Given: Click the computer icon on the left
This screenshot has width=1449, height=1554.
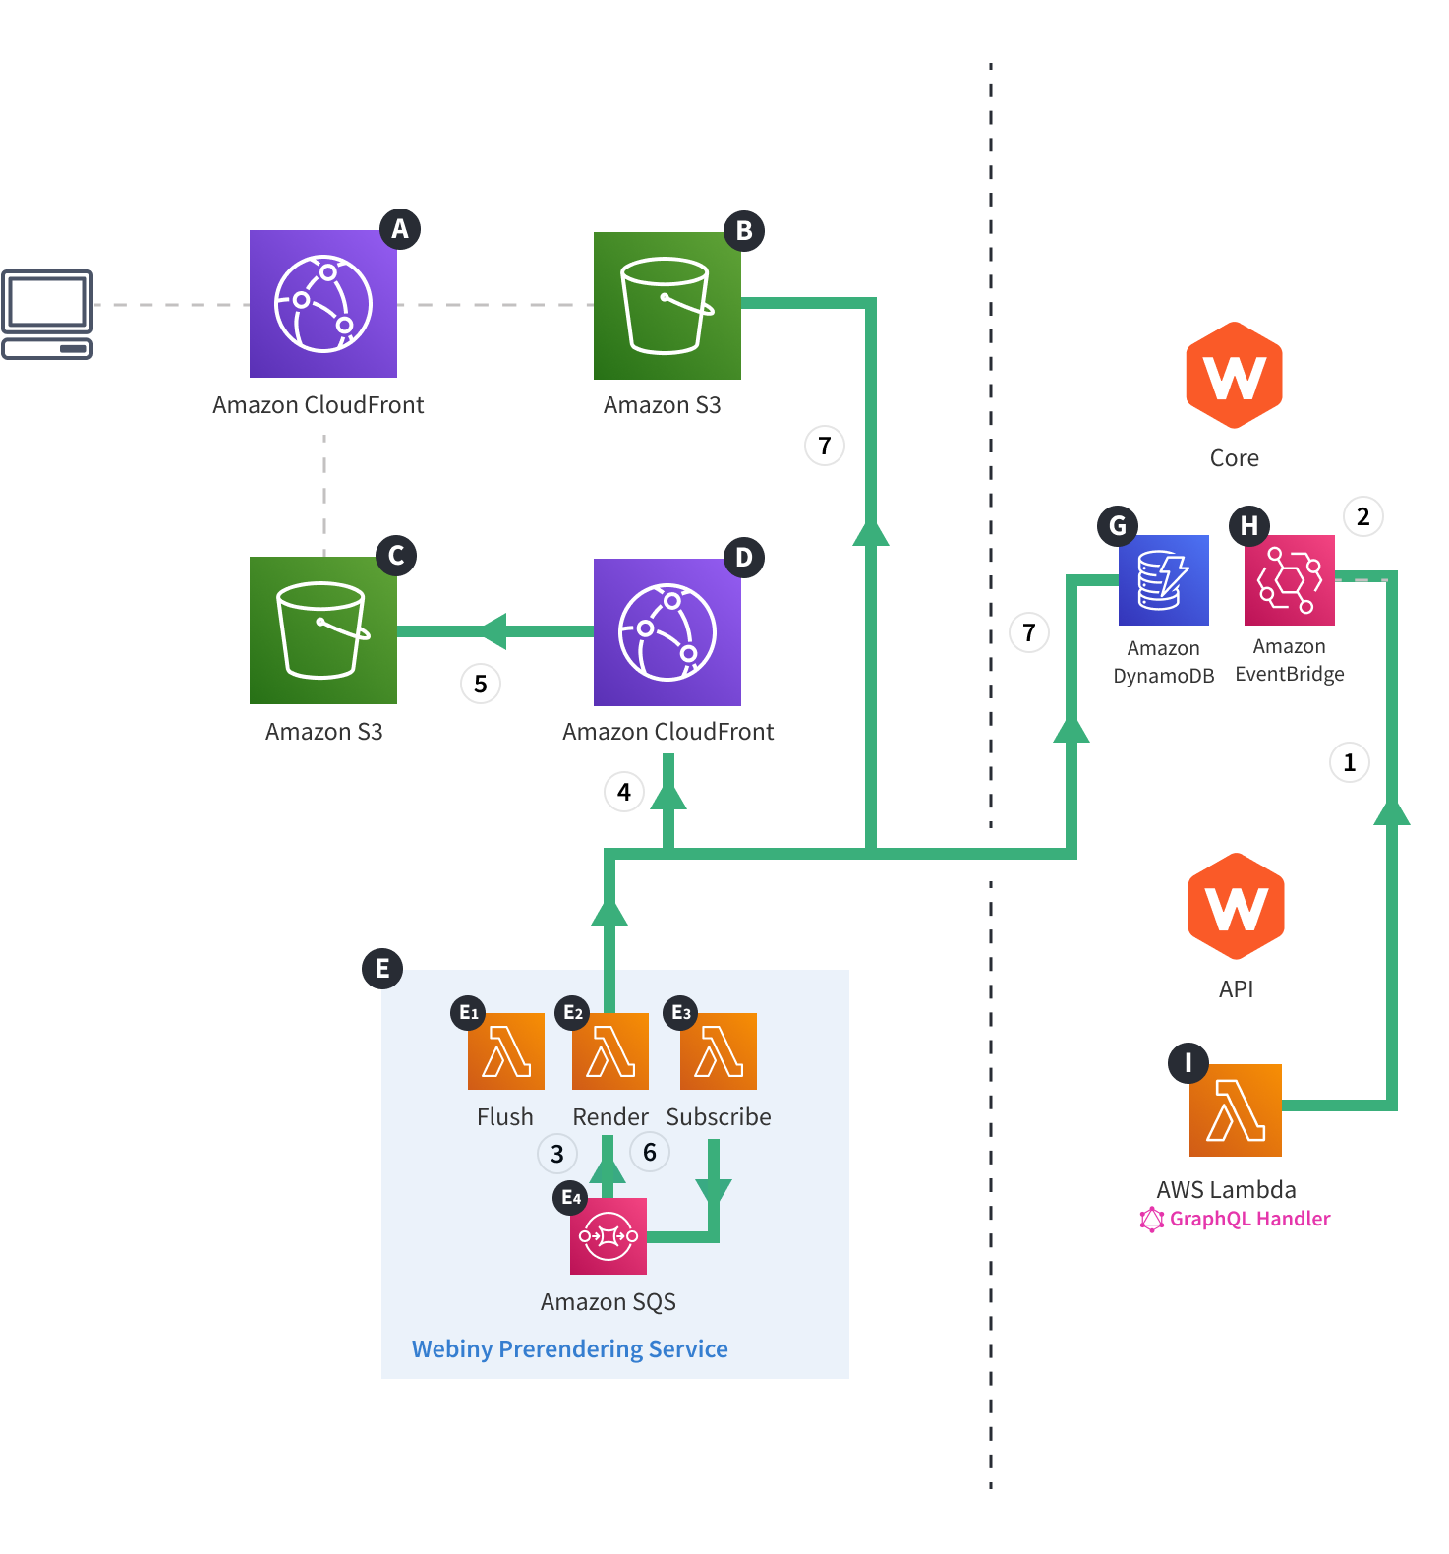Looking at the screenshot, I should coord(47,315).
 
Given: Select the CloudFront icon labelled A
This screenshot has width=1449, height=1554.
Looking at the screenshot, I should coord(323,304).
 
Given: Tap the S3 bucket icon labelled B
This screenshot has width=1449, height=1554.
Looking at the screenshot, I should coord(667,306).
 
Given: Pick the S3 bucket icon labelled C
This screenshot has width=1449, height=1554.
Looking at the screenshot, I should coord(323,630).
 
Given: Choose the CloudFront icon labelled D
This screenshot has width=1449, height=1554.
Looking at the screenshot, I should coord(667,632).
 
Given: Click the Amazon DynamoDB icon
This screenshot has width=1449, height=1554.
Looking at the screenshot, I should coord(1163,580).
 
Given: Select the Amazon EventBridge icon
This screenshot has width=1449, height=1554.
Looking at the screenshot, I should coord(1289,580).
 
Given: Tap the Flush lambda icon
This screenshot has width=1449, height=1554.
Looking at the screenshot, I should coord(506,1050).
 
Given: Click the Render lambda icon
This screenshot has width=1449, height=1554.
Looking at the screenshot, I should coord(610,1050).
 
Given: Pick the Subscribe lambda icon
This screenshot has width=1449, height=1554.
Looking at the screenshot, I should coord(719,1050).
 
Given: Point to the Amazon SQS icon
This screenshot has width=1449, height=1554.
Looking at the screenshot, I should coord(609,1235).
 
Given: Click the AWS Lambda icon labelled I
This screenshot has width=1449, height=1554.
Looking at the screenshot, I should coord(1235,1109).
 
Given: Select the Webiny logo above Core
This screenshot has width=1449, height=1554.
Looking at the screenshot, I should coord(1234,375).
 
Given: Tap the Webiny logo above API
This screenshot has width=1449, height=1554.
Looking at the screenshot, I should coord(1236,906).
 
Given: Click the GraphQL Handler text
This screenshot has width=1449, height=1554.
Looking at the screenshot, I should coord(1248,1219).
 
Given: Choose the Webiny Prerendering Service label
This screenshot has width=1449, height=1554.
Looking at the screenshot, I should coord(570,1348).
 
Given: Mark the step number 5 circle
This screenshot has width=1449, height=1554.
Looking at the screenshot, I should coord(481,684).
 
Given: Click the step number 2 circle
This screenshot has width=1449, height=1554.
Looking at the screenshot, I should coord(1362,516).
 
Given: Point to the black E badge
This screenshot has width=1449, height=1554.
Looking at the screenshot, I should coord(382,969).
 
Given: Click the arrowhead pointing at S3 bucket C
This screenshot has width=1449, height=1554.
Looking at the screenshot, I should coord(492,631).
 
